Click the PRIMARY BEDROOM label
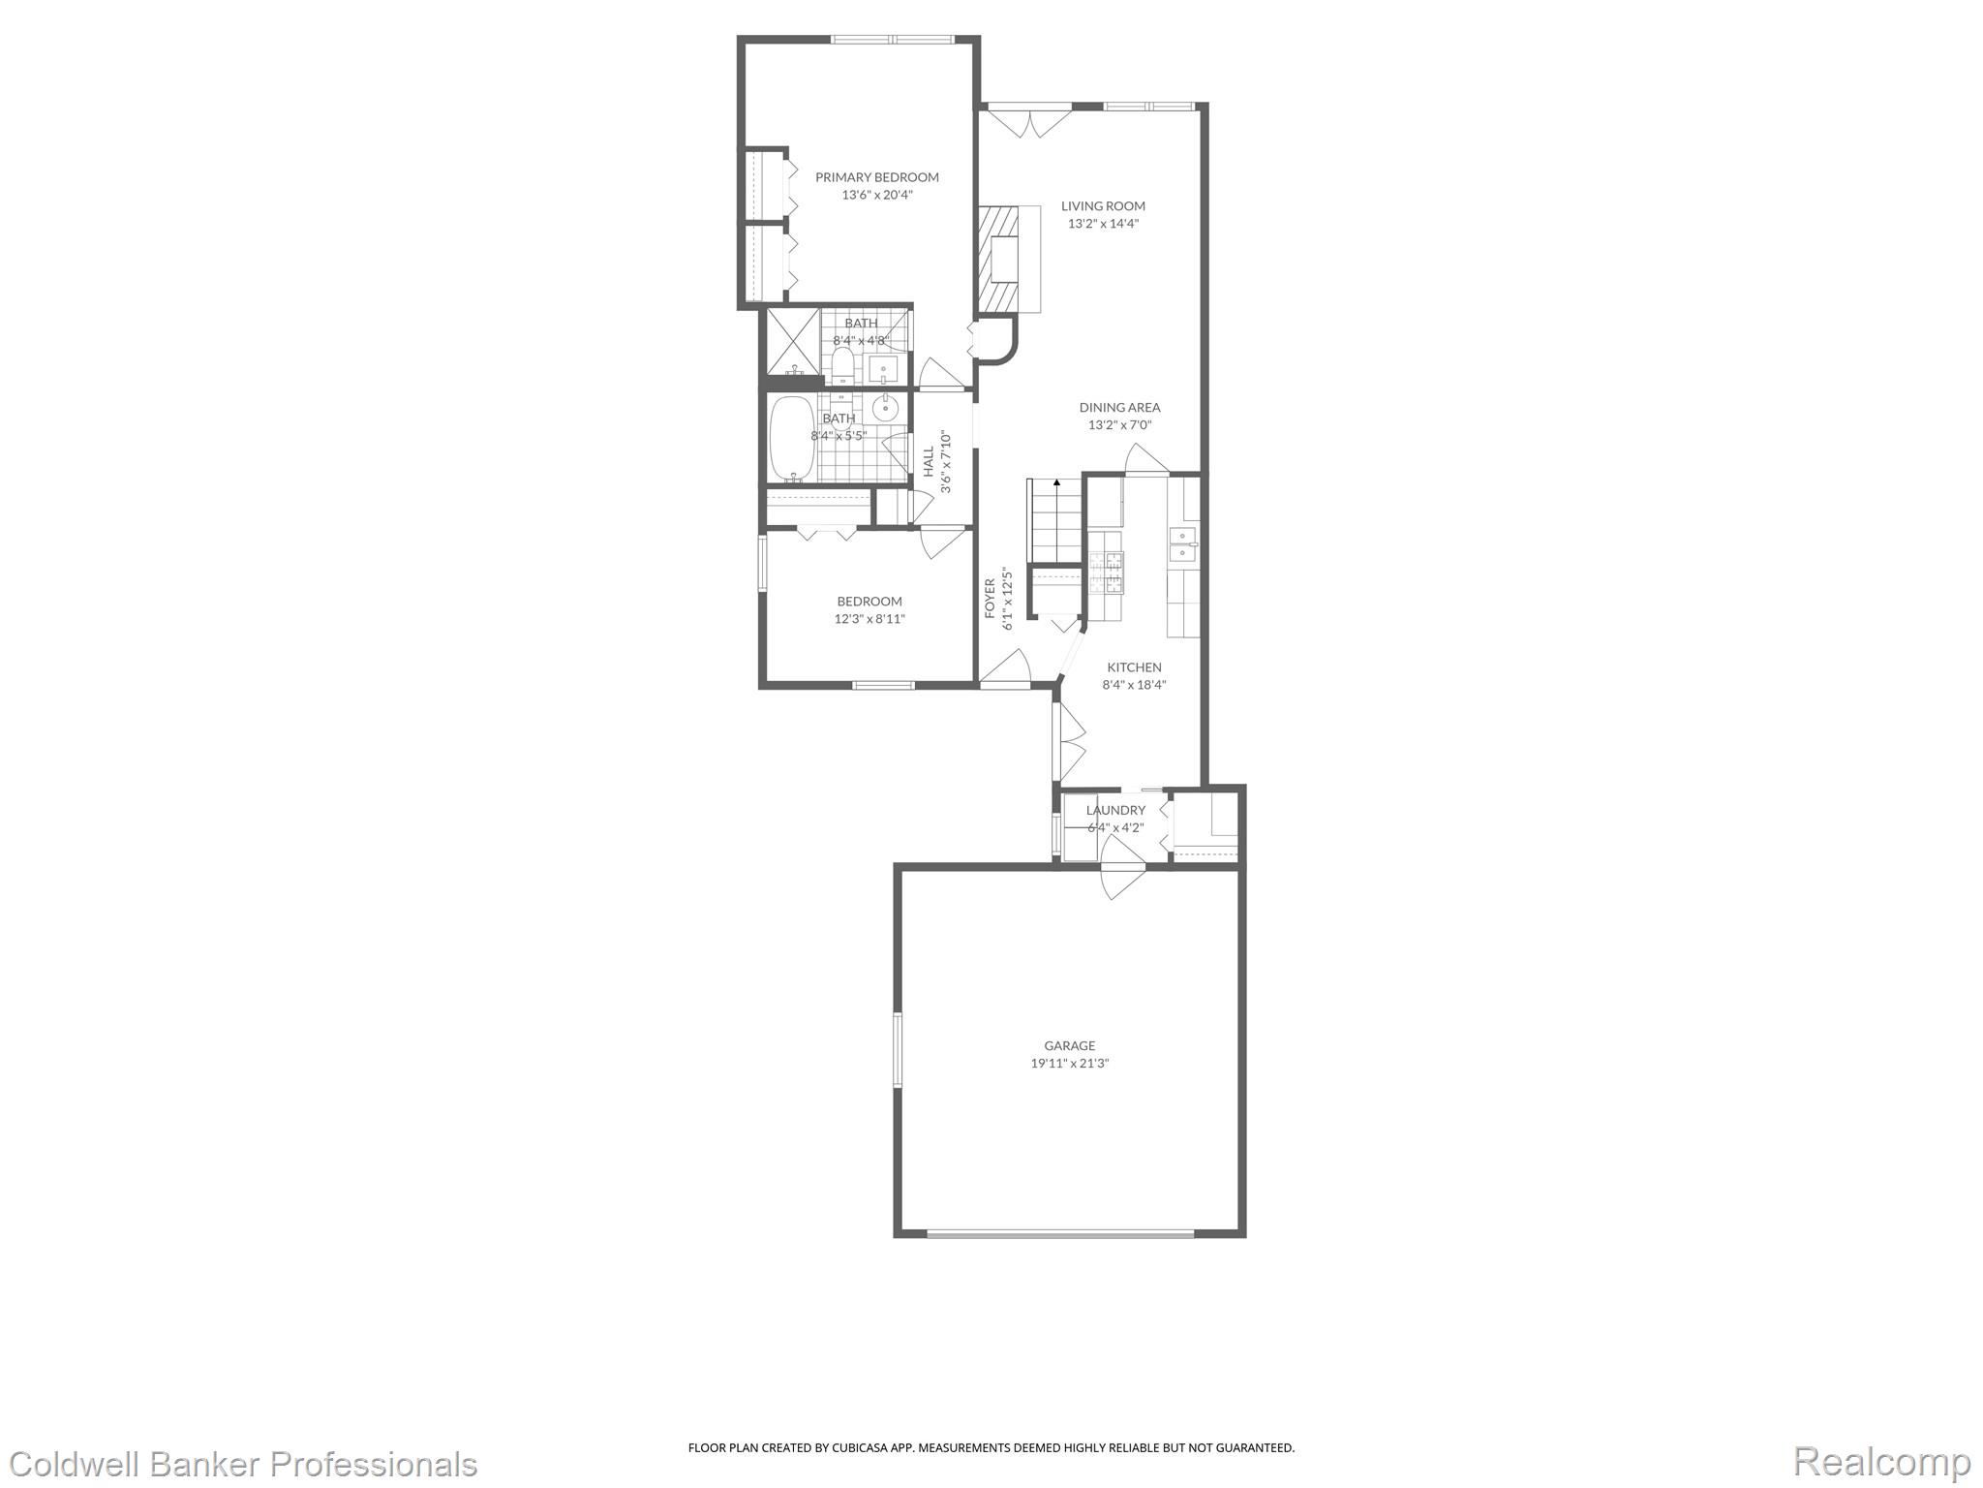(876, 177)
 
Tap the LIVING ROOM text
(1103, 206)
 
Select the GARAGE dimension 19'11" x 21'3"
(1069, 1063)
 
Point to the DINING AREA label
(1119, 408)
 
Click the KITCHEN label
(1134, 667)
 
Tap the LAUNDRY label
(1115, 810)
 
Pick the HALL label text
(929, 461)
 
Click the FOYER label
(990, 598)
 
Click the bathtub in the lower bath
(793, 439)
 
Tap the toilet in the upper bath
(842, 365)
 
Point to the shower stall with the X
(793, 341)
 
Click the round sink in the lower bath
(886, 408)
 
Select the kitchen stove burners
(1107, 572)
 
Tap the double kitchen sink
(1183, 545)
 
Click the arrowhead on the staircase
(1056, 481)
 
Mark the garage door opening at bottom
(1060, 1233)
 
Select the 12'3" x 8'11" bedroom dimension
(869, 619)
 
